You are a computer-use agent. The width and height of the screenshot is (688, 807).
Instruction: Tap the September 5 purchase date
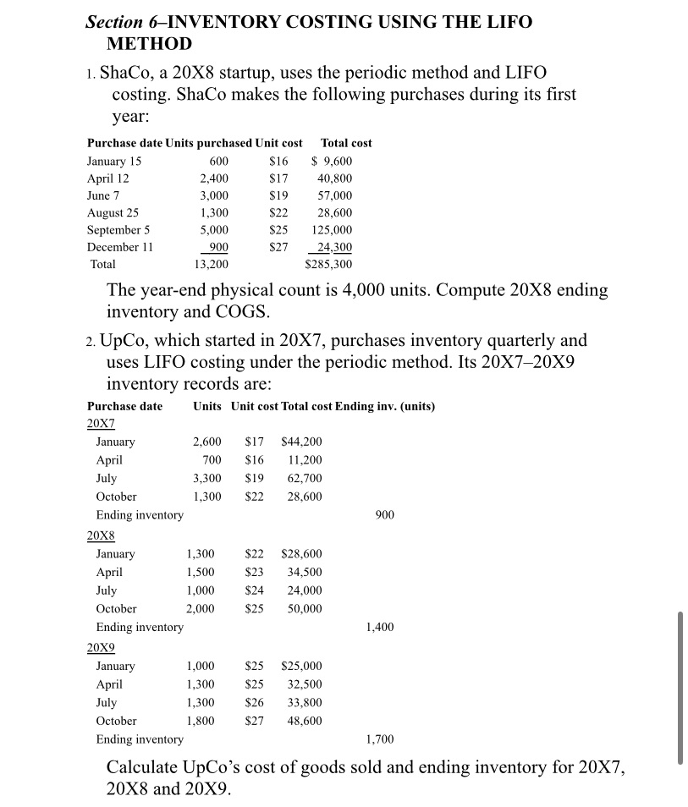[118, 230]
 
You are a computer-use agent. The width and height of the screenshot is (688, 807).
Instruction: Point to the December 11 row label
[118, 247]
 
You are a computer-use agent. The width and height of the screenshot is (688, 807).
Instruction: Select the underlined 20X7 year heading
[101, 423]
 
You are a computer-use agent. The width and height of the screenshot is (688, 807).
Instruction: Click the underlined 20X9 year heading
[101, 648]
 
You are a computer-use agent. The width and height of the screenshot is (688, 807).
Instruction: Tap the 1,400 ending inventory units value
[380, 627]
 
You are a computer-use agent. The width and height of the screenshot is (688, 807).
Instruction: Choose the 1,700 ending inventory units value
[380, 740]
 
